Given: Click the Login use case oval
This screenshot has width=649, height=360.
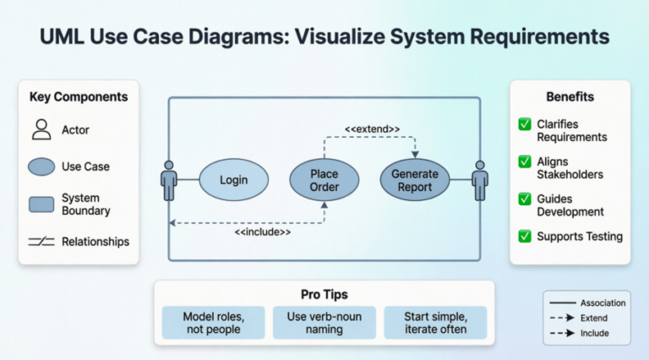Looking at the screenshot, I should pyautogui.click(x=233, y=181).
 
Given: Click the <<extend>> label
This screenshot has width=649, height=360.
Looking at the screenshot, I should pyautogui.click(x=372, y=129).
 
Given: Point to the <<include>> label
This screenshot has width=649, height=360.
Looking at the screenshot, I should pyautogui.click(x=263, y=232).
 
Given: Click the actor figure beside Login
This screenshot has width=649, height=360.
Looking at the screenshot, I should pyautogui.click(x=169, y=180).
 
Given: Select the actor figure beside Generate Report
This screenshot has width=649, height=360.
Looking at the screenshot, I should pyautogui.click(x=480, y=180).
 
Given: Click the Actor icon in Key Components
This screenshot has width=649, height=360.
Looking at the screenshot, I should pyautogui.click(x=41, y=130).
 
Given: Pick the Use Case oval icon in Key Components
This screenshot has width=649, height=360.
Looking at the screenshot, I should pyautogui.click(x=41, y=167).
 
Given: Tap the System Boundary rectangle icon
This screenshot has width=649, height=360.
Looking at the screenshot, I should pyautogui.click(x=41, y=204).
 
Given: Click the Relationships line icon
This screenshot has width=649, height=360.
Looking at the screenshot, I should pyautogui.click(x=41, y=242).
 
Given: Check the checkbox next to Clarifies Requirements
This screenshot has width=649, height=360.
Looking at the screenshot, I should pyautogui.click(x=525, y=125).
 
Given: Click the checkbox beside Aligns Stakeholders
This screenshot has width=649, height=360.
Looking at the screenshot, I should pyautogui.click(x=525, y=161).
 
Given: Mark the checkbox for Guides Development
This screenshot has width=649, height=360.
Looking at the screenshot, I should pyautogui.click(x=525, y=199).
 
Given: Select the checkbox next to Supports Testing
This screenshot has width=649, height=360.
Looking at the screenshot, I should pyautogui.click(x=525, y=236).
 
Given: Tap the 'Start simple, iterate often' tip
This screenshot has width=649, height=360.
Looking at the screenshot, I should pyautogui.click(x=435, y=323).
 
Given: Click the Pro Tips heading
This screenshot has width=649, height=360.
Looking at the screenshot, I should pyautogui.click(x=324, y=294).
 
